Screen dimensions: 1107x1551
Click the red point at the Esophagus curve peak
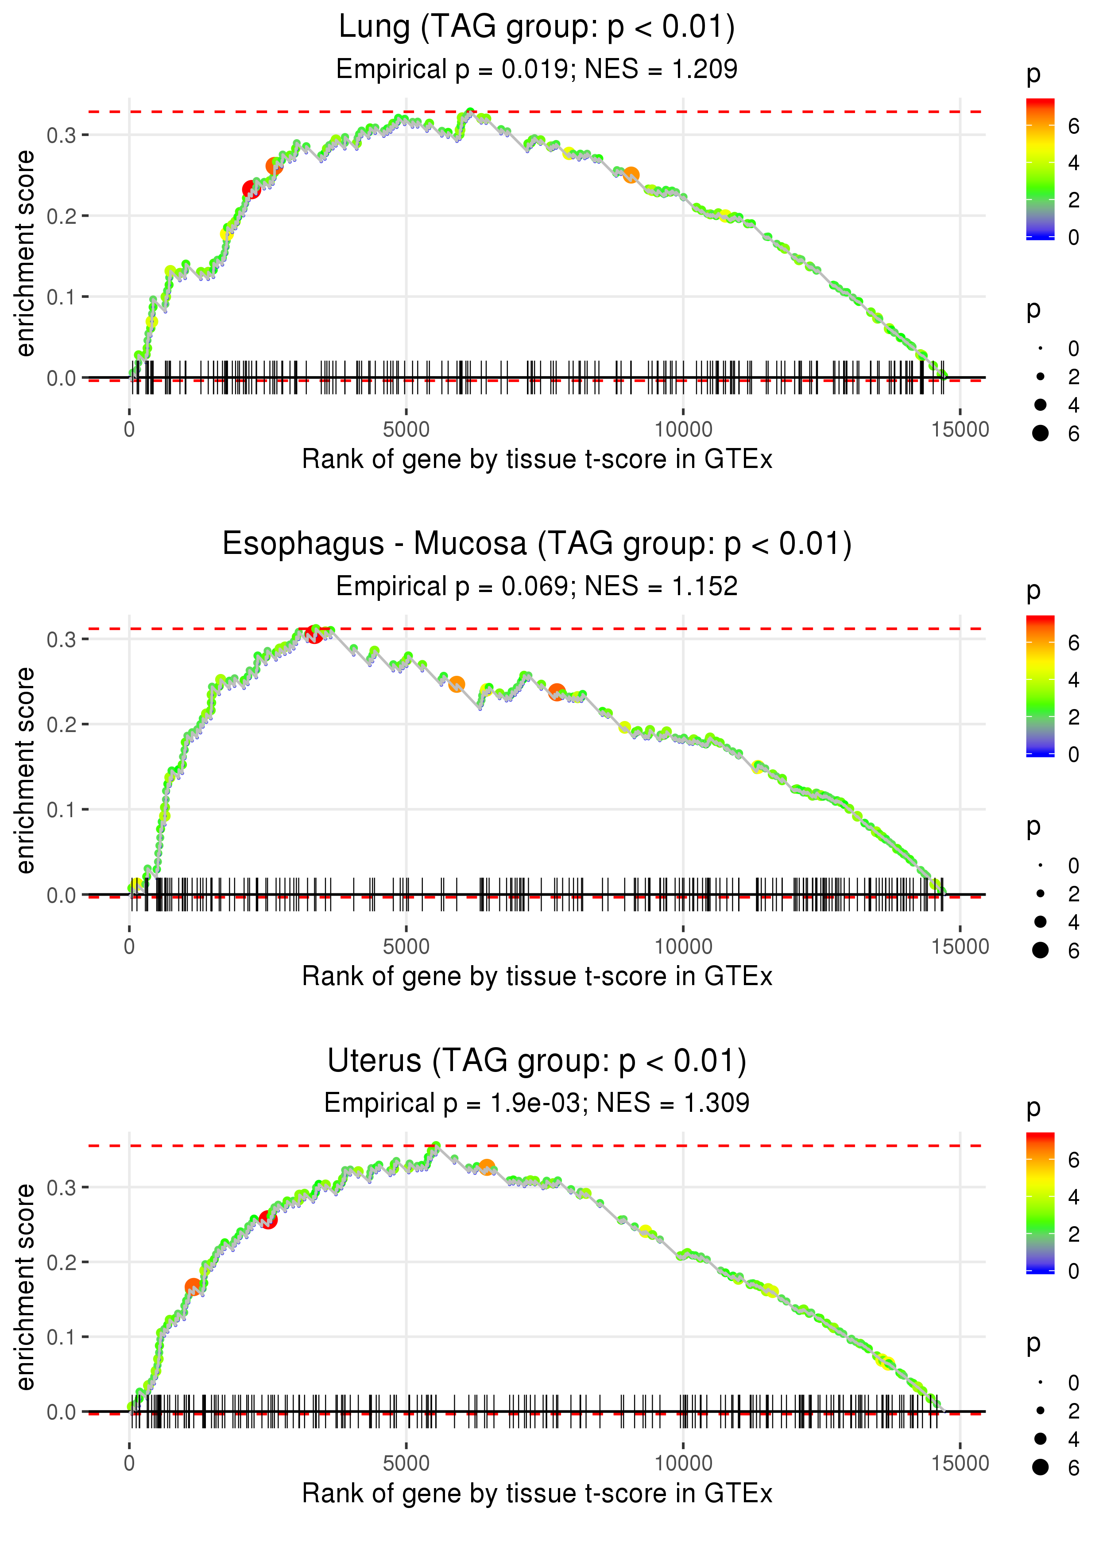click(314, 634)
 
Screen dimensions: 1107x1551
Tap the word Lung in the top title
click(374, 27)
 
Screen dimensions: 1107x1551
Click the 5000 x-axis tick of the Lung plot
click(406, 430)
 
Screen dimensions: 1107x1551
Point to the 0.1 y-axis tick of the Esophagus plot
click(61, 810)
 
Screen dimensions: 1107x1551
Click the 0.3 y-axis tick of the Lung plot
click(61, 135)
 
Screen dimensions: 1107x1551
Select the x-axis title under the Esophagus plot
click(537, 976)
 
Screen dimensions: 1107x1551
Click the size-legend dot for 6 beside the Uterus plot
click(1040, 1467)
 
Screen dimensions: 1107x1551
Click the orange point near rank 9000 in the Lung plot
click(631, 175)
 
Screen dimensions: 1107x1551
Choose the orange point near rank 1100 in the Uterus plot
click(193, 1286)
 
